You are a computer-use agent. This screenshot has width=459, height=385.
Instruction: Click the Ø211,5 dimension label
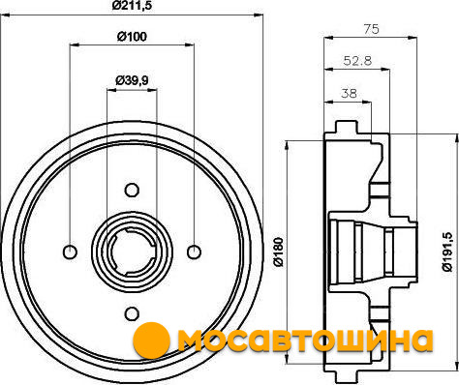click(x=132, y=6)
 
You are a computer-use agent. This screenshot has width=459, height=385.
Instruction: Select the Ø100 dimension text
click(x=132, y=37)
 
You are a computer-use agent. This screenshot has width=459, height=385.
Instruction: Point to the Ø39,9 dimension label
click(x=132, y=80)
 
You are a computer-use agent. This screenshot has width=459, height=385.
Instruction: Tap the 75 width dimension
click(x=371, y=29)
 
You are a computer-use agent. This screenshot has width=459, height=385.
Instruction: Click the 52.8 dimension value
click(x=357, y=60)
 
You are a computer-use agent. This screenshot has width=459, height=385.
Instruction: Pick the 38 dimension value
click(x=349, y=93)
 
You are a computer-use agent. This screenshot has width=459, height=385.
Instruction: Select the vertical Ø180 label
click(x=278, y=252)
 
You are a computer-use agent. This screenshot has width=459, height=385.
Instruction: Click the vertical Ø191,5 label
click(x=447, y=252)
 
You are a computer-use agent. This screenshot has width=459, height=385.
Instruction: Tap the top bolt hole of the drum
click(x=132, y=191)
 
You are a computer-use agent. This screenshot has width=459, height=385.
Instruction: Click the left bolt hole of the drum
click(x=70, y=252)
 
